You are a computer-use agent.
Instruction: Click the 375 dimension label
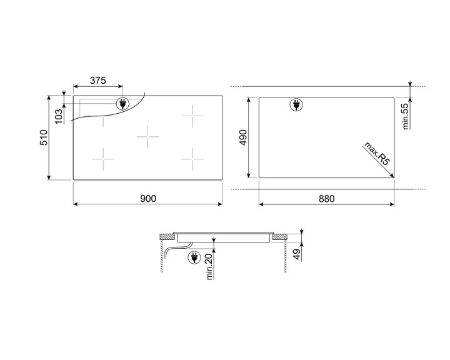pyautogui.click(x=97, y=81)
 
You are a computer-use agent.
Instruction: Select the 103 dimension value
pyautogui.click(x=59, y=116)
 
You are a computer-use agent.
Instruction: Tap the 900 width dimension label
pyautogui.click(x=147, y=199)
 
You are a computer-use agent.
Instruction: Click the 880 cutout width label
pyautogui.click(x=326, y=199)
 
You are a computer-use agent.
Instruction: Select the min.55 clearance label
pyautogui.click(x=405, y=116)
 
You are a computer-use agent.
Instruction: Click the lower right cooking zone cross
pyautogui.click(x=192, y=159)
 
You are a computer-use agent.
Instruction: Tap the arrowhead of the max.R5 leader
pyautogui.click(x=392, y=176)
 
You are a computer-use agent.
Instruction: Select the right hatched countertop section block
pyautogui.click(x=281, y=236)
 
